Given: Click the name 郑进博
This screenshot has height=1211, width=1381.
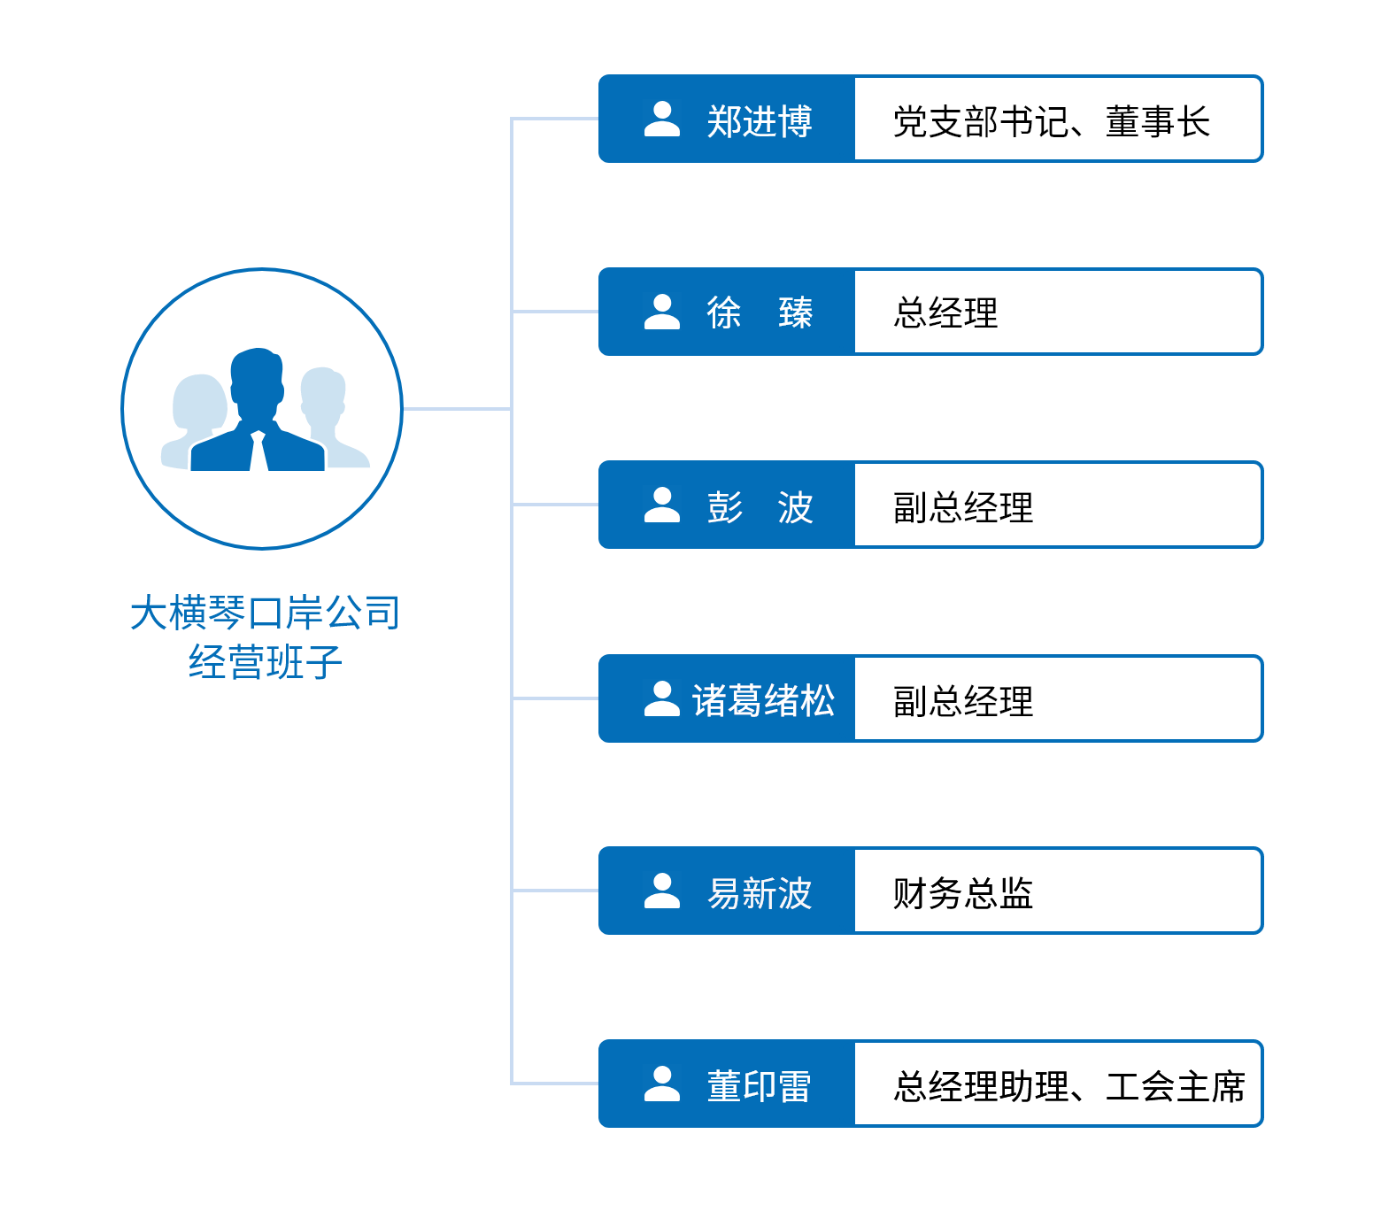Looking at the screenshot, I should click(x=759, y=120).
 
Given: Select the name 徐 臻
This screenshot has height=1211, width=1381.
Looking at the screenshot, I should click(x=759, y=312).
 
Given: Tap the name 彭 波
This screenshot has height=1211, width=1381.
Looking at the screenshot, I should click(x=759, y=506).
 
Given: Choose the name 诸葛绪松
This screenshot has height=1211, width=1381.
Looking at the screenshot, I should click(x=763, y=700).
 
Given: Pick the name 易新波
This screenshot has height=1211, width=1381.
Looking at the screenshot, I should click(x=759, y=893).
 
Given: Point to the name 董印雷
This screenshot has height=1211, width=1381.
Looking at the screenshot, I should click(x=759, y=1086).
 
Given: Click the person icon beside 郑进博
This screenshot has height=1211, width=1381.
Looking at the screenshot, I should click(x=661, y=120).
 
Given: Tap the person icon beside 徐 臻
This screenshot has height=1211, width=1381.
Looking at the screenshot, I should click(x=661, y=312).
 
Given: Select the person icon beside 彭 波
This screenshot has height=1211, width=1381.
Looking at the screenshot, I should click(x=661, y=505).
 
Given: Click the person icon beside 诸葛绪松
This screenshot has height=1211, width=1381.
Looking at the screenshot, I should click(x=661, y=698).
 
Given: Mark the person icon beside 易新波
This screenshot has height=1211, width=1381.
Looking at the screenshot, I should click(x=661, y=891).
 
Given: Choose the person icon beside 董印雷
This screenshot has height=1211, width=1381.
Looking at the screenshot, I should click(x=661, y=1084).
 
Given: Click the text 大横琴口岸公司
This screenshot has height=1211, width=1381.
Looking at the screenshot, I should click(x=264, y=613).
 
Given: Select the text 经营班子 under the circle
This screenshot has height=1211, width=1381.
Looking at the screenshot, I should click(x=264, y=660).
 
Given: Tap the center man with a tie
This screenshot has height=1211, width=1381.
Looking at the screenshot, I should click(x=257, y=407).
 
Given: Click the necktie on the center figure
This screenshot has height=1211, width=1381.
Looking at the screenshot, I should click(x=258, y=451).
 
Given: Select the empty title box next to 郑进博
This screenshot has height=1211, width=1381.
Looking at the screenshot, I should click(x=1057, y=119).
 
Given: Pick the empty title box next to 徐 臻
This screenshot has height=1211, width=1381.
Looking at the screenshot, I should click(x=1057, y=312).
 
